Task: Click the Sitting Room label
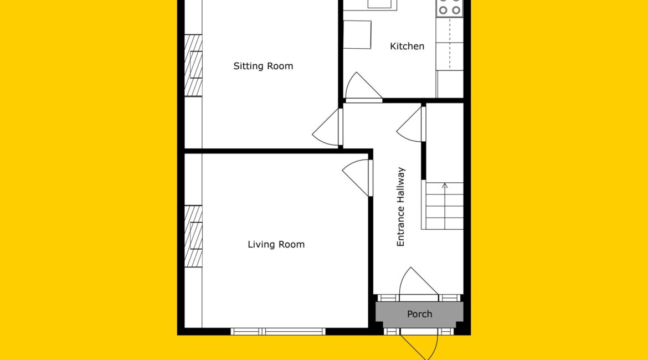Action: point(263,66)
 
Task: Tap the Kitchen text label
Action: point(407,47)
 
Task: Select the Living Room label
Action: point(276,244)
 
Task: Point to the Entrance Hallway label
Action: point(400,207)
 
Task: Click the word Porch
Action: point(419,314)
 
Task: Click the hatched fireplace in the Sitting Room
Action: point(193,65)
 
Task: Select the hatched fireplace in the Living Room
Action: point(193,236)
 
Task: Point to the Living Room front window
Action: point(277,332)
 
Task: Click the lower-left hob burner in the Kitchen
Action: point(443,11)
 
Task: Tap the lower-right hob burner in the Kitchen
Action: point(456,11)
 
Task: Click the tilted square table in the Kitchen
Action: point(357,35)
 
